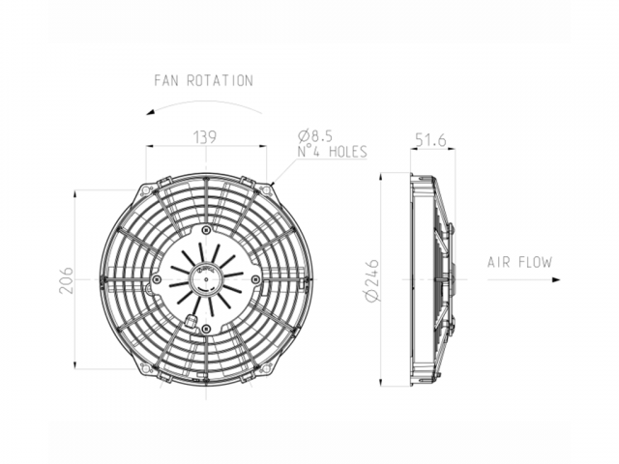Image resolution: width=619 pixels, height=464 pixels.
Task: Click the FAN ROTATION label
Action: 203,80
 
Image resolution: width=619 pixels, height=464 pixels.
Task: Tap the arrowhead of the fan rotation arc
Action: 150,112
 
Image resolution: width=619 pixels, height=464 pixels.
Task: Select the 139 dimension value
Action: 205,137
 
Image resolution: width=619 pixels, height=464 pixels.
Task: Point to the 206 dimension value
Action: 66,280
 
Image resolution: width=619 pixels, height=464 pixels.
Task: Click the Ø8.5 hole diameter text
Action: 315,135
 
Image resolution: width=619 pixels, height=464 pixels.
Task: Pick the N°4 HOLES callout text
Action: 333,152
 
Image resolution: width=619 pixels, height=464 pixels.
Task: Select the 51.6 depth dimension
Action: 430,139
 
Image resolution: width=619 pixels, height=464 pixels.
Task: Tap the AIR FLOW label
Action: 519,262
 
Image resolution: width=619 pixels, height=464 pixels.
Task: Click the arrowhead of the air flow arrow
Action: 556,279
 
